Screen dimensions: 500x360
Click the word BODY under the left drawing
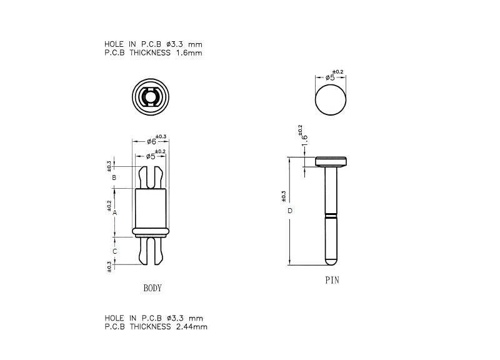[x=152, y=288]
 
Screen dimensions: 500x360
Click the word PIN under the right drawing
[x=332, y=280]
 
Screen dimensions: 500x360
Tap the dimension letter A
[x=115, y=212]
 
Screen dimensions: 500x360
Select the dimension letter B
[x=114, y=177]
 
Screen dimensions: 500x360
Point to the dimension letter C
[x=115, y=251]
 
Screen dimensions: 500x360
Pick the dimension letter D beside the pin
[x=290, y=211]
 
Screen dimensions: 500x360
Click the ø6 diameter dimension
[x=152, y=142]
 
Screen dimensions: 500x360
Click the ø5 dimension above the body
[x=151, y=157]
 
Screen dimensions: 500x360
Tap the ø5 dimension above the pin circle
[x=330, y=77]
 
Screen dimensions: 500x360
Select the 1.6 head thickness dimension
[x=305, y=141]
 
